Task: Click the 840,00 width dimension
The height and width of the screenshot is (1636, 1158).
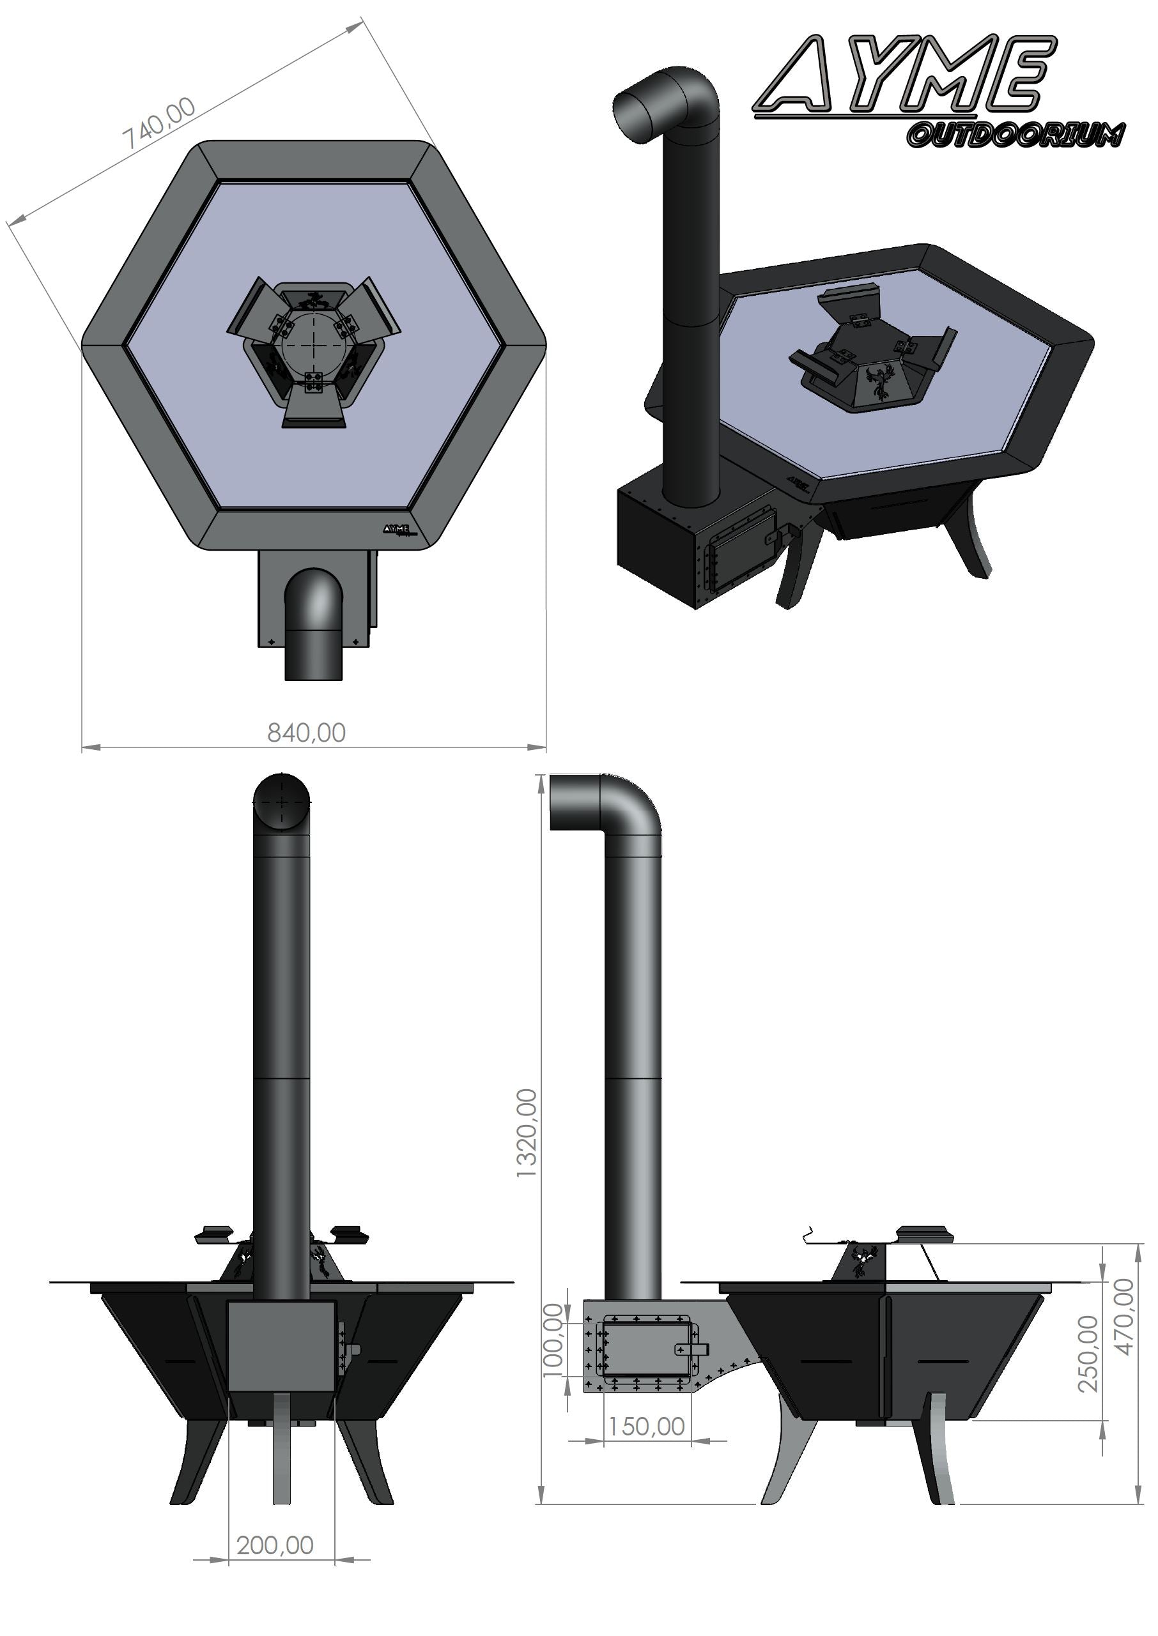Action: tap(306, 733)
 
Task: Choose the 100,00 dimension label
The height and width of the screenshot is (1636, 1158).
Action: tap(554, 1340)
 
